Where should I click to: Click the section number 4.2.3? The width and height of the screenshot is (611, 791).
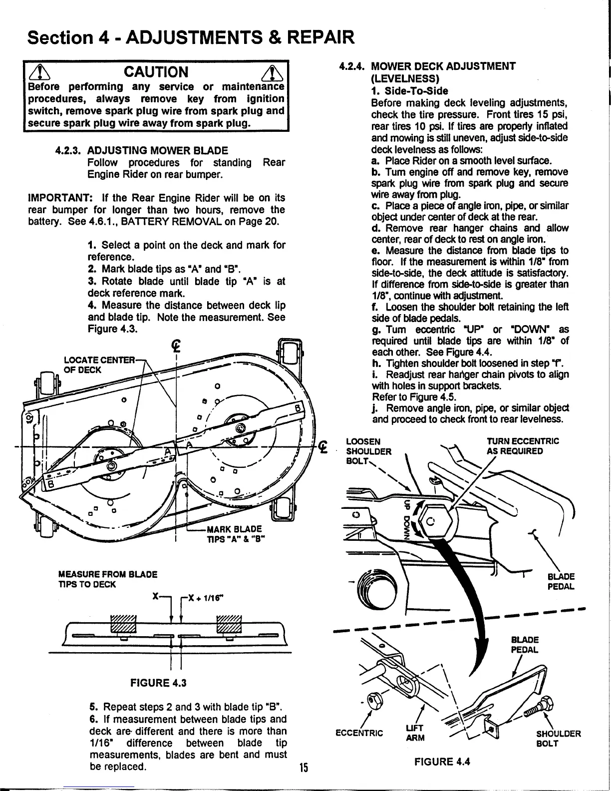pos(69,150)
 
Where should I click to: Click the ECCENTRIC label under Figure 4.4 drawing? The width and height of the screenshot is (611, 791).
pos(359,734)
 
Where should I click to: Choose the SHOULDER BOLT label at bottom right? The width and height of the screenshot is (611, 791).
pos(558,738)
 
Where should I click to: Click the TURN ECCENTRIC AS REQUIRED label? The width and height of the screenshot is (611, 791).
pos(523,446)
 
